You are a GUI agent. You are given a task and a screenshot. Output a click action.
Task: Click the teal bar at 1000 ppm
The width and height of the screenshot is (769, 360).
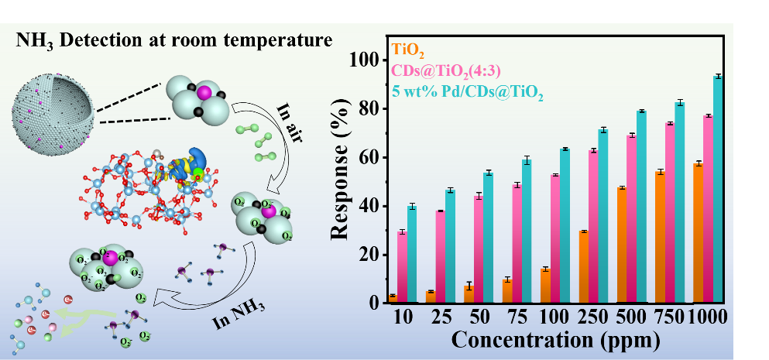tap(718, 189)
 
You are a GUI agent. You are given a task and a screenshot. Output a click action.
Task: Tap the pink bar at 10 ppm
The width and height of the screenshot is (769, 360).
tap(402, 266)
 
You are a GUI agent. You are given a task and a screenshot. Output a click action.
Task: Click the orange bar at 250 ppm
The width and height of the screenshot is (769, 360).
tap(583, 266)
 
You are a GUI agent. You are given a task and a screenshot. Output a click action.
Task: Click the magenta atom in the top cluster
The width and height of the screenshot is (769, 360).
tap(204, 92)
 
